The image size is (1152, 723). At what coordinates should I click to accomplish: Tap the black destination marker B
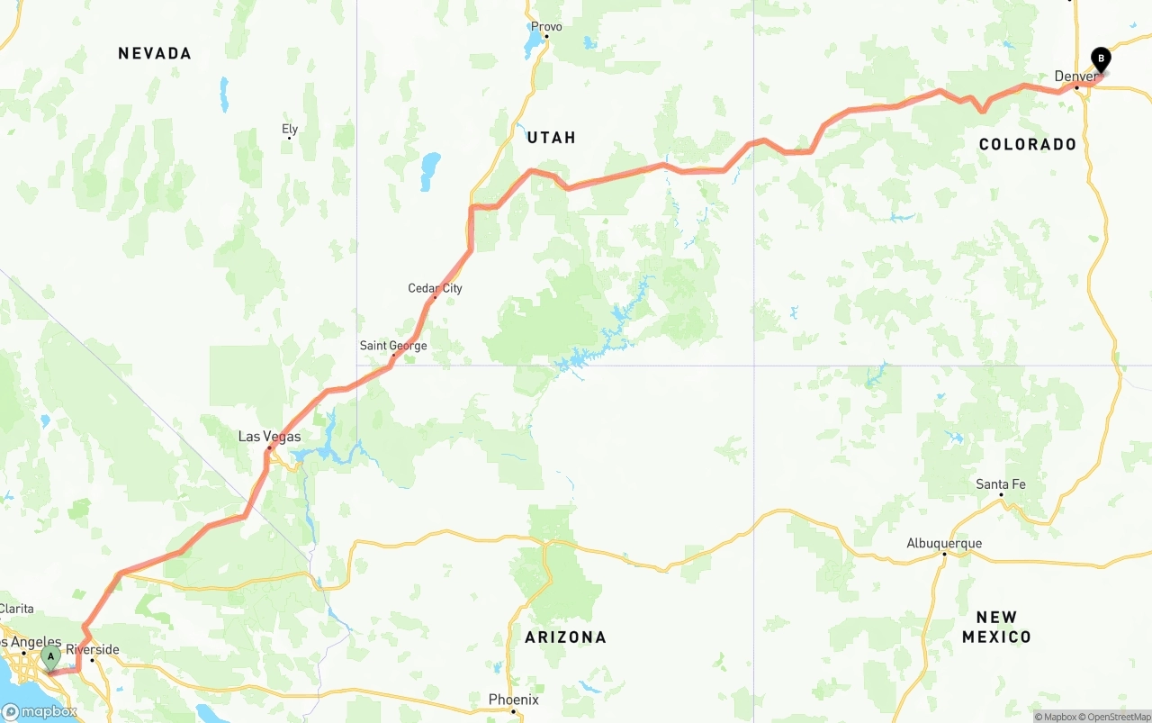[x=1100, y=59]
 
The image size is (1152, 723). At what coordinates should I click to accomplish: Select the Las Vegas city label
[x=269, y=437]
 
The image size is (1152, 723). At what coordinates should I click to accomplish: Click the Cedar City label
[x=435, y=288]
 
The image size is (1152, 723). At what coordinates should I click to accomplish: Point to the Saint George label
[x=393, y=346]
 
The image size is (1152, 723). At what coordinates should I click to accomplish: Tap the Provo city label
[x=546, y=27]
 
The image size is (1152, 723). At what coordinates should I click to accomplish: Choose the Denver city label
[x=1075, y=77]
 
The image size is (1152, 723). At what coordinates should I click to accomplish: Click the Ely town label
[x=290, y=130]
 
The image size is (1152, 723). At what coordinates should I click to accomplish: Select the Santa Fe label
[x=1001, y=484]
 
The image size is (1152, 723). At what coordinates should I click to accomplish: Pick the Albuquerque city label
[x=944, y=543]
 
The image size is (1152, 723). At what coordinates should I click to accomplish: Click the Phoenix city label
[x=513, y=700]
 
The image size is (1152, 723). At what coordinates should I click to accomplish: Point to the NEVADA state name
[x=155, y=54]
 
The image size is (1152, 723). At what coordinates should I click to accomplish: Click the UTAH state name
[x=551, y=138]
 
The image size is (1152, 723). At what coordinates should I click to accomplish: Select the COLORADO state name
[x=1027, y=144]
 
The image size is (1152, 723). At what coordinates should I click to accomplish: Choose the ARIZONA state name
[x=566, y=637]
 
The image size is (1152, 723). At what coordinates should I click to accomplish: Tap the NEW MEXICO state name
[x=995, y=628]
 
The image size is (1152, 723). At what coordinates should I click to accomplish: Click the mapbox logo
[x=40, y=712]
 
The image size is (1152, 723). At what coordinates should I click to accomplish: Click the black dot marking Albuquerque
[x=944, y=554]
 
